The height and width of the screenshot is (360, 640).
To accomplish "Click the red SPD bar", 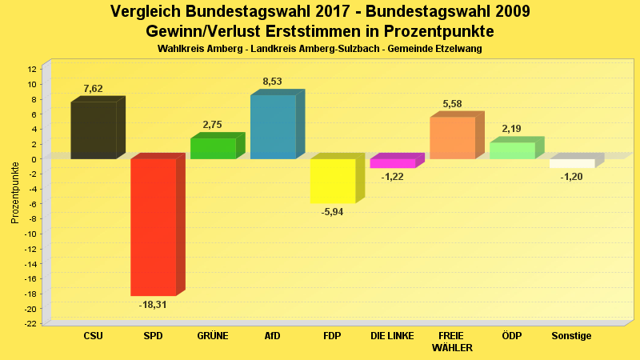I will [x=153, y=226].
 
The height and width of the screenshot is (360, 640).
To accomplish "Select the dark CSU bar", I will [x=94, y=130].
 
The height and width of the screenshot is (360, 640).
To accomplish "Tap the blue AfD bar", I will [x=273, y=126].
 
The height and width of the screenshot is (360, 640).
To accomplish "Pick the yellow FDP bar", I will [x=333, y=181].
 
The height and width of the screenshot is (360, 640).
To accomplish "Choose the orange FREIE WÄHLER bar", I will [x=452, y=138].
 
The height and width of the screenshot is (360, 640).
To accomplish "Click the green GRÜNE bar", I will [x=213, y=148].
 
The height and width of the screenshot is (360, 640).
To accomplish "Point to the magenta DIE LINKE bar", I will [x=392, y=163].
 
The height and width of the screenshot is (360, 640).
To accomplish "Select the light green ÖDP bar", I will [x=512, y=150].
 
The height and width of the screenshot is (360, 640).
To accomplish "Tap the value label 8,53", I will [x=272, y=82].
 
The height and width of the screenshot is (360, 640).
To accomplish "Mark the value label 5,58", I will [x=452, y=104].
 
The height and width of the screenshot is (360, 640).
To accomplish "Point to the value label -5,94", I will [x=332, y=212].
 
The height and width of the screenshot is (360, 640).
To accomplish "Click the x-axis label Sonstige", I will [x=571, y=336].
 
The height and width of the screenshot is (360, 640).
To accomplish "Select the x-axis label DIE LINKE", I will [x=392, y=336].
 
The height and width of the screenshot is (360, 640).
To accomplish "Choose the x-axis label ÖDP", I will [x=512, y=336].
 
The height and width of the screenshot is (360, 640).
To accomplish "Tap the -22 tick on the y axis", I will [x=32, y=323].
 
